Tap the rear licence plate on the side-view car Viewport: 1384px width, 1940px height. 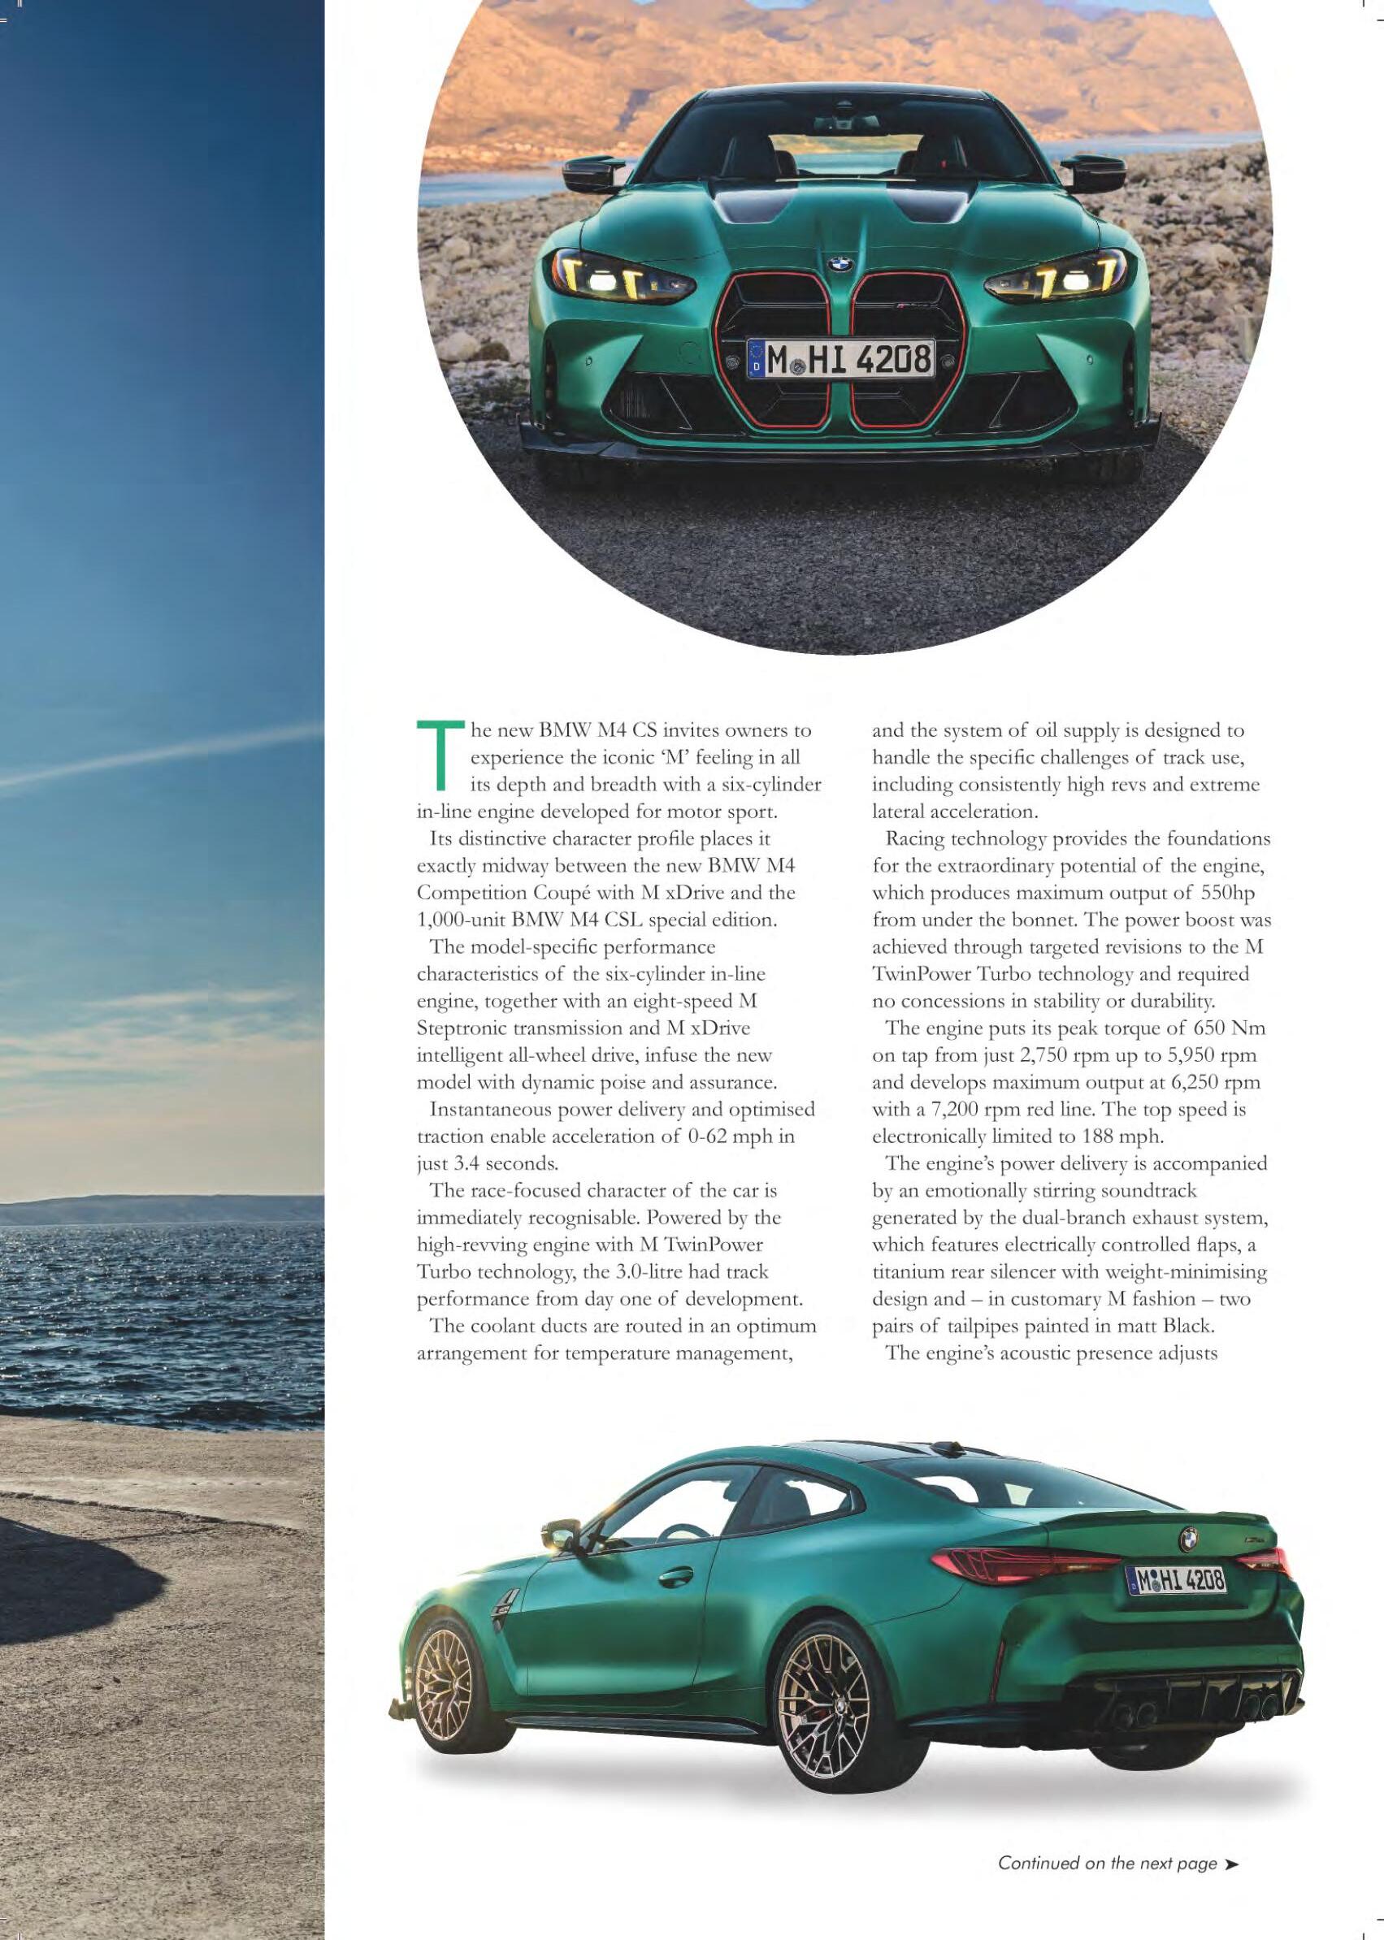pos(1177,1580)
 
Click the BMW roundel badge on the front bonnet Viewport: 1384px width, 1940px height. pos(839,265)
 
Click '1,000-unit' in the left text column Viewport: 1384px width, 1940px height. pos(457,920)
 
